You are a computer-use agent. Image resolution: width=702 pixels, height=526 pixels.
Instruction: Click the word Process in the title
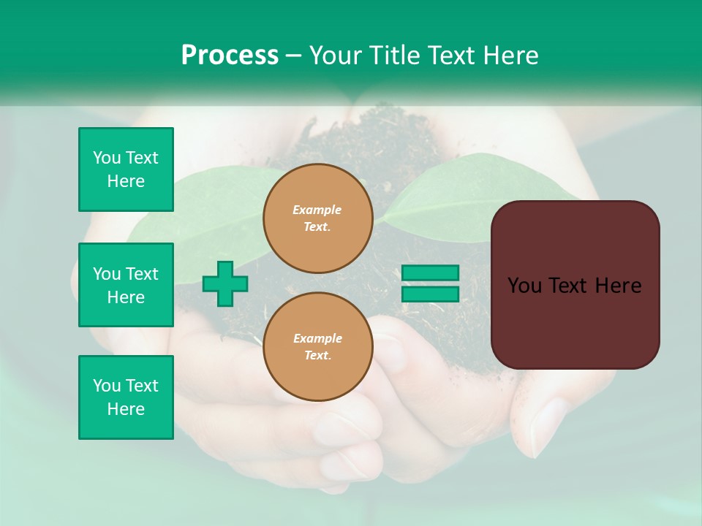[x=230, y=56]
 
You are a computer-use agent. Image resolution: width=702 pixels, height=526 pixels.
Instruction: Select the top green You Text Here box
[x=126, y=169]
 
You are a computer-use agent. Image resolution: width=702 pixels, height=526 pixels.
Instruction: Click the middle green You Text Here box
[x=126, y=285]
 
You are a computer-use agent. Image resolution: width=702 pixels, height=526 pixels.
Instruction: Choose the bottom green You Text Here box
[x=126, y=397]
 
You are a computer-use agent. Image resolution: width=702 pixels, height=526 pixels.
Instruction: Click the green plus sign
[x=225, y=283]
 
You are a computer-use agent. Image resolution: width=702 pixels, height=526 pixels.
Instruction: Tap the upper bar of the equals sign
[x=430, y=272]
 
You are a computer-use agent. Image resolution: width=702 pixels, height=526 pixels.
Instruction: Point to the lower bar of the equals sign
[x=430, y=294]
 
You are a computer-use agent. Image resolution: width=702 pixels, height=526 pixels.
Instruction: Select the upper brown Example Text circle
[x=317, y=218]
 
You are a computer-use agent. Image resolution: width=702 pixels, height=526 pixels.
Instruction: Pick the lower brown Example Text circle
[x=317, y=347]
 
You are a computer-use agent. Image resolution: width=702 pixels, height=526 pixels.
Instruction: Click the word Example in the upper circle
[x=317, y=210]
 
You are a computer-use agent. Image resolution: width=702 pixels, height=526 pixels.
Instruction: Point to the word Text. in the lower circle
[x=317, y=356]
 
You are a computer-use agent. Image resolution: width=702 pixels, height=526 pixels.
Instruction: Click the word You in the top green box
[x=107, y=158]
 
